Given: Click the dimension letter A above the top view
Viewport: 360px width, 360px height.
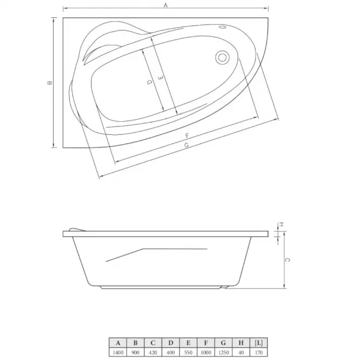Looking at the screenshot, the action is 166,5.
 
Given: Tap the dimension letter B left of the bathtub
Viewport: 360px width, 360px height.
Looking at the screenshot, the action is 50,83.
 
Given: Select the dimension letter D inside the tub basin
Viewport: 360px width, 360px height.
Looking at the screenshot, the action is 150,82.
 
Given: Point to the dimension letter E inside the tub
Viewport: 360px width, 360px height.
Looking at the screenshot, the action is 161,78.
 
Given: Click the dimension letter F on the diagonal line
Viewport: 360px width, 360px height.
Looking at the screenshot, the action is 187,136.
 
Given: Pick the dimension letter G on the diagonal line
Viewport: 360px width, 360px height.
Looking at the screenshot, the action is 186,145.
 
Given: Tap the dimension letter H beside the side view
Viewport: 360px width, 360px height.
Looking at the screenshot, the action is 282,224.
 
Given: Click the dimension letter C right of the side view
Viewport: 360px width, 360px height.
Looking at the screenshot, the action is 287,260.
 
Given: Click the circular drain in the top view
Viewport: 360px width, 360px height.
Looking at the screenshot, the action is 222,57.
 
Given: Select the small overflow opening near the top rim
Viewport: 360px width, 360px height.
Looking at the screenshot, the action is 222,27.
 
